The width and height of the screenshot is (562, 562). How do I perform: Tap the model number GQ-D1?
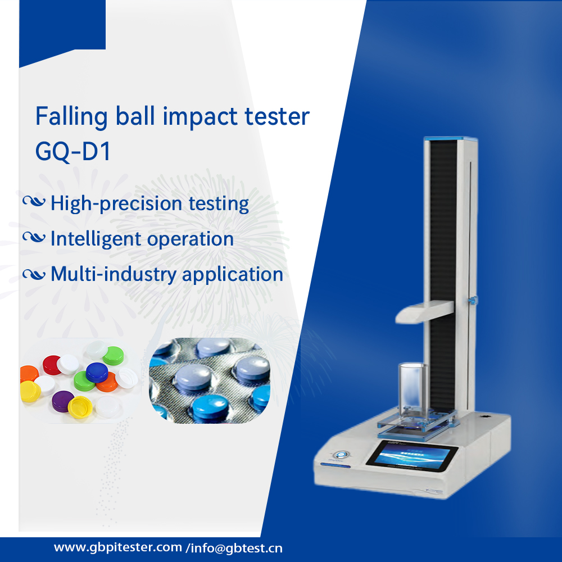(x=72, y=151)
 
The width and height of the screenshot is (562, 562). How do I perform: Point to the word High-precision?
(x=116, y=204)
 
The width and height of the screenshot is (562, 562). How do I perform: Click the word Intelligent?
(x=96, y=239)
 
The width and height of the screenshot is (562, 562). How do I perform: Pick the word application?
(x=233, y=275)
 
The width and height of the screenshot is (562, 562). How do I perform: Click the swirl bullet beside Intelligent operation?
(x=34, y=237)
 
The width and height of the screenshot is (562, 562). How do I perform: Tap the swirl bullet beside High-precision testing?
(x=34, y=202)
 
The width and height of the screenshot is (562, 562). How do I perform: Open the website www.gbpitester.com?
(x=118, y=547)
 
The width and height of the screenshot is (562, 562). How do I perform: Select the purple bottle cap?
(x=63, y=401)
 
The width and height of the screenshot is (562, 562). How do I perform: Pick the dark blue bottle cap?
(x=97, y=372)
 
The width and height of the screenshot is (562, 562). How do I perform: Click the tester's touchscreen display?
(x=412, y=455)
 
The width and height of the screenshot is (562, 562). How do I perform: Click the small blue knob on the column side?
(x=473, y=300)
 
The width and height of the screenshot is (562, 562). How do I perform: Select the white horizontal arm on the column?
(x=424, y=312)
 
